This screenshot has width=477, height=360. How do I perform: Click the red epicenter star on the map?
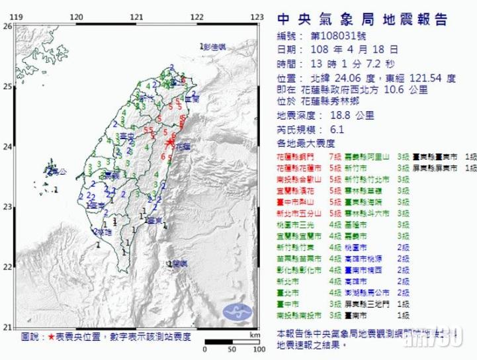tap(170, 142)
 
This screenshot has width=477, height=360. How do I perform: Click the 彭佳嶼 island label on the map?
tap(215, 47)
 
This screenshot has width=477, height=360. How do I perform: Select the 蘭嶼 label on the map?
tap(179, 264)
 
